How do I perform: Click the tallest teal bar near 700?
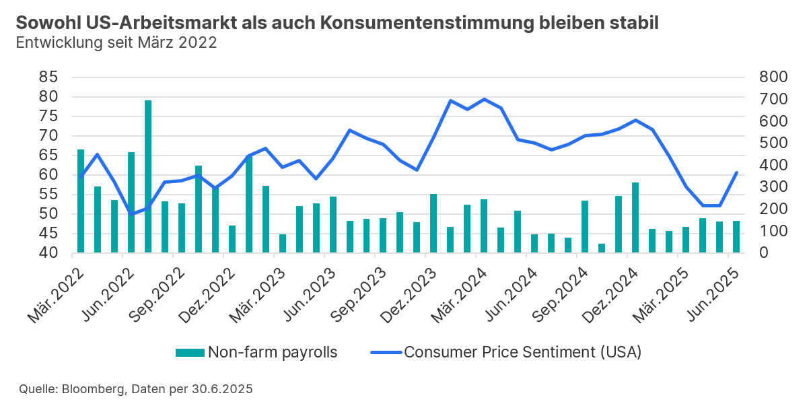click(148, 176)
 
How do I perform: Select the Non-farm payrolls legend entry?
click(256, 352)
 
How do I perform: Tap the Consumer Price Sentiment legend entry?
click(505, 352)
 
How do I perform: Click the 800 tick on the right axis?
click(772, 77)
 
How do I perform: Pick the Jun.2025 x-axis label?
click(717, 294)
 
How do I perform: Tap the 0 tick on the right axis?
click(763, 253)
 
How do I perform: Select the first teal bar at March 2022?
click(81, 201)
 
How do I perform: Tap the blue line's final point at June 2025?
click(737, 172)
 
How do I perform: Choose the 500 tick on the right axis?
click(772, 143)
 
